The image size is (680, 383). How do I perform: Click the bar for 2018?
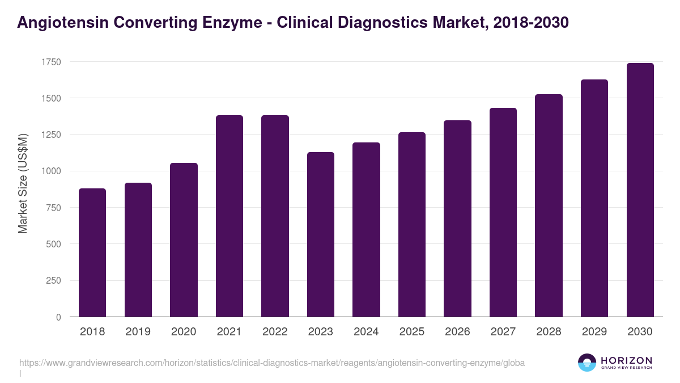92,252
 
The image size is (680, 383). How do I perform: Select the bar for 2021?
229,216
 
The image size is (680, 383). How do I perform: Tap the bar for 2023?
321,234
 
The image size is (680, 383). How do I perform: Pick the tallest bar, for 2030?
640,190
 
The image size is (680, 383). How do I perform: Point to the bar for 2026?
457,218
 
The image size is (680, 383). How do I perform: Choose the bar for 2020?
184,240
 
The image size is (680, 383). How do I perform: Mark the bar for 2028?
549,205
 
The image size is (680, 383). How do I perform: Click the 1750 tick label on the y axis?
50,62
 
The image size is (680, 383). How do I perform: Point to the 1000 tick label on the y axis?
50,171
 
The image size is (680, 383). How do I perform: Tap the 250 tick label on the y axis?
53,281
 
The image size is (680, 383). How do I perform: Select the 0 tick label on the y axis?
58,317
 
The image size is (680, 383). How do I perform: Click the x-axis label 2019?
138,332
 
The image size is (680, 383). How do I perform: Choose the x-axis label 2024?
366,332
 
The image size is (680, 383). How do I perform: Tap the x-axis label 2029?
594,332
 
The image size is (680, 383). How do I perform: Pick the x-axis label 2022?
275,332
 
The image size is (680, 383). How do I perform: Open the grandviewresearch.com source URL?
272,363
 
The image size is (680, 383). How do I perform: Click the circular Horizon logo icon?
586,363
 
